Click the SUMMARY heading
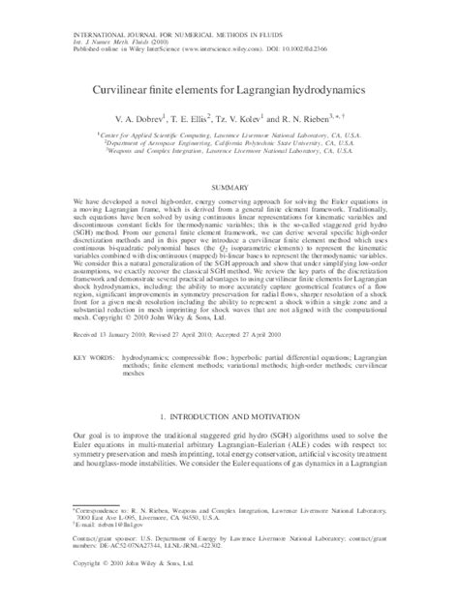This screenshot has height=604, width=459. (229, 184)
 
